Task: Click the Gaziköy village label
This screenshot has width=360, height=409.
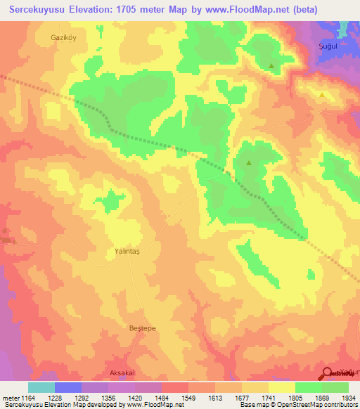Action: click(x=63, y=37)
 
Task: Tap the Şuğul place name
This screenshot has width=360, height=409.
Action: click(x=321, y=44)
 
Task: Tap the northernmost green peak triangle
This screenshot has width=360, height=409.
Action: click(x=271, y=66)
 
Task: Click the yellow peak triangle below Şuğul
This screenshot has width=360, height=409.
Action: click(x=321, y=94)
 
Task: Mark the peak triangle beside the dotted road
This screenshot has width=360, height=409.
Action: click(x=248, y=163)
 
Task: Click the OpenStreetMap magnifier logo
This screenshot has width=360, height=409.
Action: click(x=328, y=374)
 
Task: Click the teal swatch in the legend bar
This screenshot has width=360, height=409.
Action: click(x=41, y=387)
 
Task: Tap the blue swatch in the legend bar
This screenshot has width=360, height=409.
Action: click(x=68, y=387)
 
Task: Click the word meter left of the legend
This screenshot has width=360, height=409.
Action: click(x=9, y=398)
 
